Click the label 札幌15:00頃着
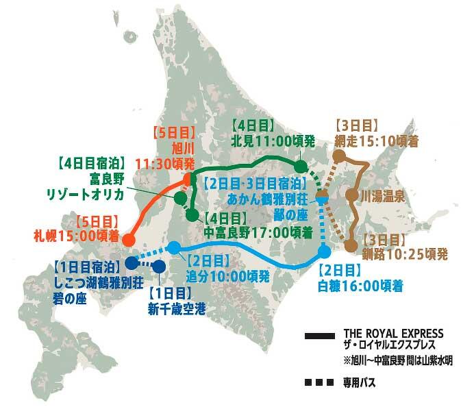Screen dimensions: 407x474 [76, 237]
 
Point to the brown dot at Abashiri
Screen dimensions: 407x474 [338, 157]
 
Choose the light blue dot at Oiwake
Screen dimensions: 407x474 [174, 247]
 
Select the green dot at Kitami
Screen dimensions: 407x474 [300, 166]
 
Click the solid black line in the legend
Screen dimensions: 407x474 [320, 336]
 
